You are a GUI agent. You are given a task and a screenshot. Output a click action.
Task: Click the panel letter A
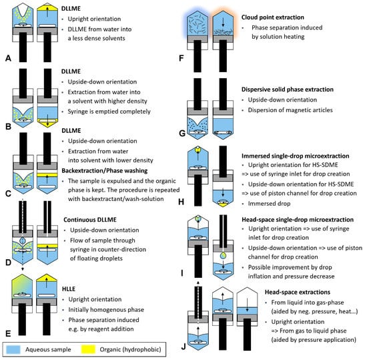(x=8, y=58)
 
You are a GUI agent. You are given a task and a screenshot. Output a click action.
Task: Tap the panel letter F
(x=181, y=58)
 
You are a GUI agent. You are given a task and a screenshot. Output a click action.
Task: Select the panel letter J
(x=183, y=346)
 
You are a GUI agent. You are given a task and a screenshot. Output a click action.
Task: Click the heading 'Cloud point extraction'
(x=273, y=17)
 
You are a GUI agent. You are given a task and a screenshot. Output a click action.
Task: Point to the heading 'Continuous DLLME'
(x=90, y=220)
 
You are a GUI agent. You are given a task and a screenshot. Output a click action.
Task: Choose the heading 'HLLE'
(x=69, y=289)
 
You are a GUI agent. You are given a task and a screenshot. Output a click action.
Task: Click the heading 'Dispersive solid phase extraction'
(x=288, y=89)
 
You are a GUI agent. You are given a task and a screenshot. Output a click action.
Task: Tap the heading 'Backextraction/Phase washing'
(x=105, y=170)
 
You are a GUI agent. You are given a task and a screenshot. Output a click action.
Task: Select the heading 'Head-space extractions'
(x=298, y=292)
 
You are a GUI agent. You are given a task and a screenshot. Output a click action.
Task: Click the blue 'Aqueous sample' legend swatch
(x=13, y=349)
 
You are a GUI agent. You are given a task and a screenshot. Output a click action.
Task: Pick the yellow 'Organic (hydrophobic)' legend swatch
(x=88, y=349)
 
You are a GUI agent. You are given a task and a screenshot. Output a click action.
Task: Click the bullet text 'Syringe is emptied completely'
(x=109, y=112)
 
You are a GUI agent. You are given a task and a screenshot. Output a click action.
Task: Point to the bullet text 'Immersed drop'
(x=269, y=204)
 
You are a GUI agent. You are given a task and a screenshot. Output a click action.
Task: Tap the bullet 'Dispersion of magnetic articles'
(x=290, y=110)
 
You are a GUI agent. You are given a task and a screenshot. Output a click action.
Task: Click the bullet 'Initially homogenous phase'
(x=106, y=310)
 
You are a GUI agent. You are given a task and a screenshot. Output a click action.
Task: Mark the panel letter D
(x=8, y=262)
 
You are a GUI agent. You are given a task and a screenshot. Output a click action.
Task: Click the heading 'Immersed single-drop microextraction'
(x=296, y=156)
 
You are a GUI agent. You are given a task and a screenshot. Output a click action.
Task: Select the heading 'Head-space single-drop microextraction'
(x=298, y=220)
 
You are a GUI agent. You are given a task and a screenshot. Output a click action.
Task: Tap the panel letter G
(x=182, y=134)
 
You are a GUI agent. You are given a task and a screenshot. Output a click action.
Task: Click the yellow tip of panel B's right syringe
(x=47, y=122)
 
